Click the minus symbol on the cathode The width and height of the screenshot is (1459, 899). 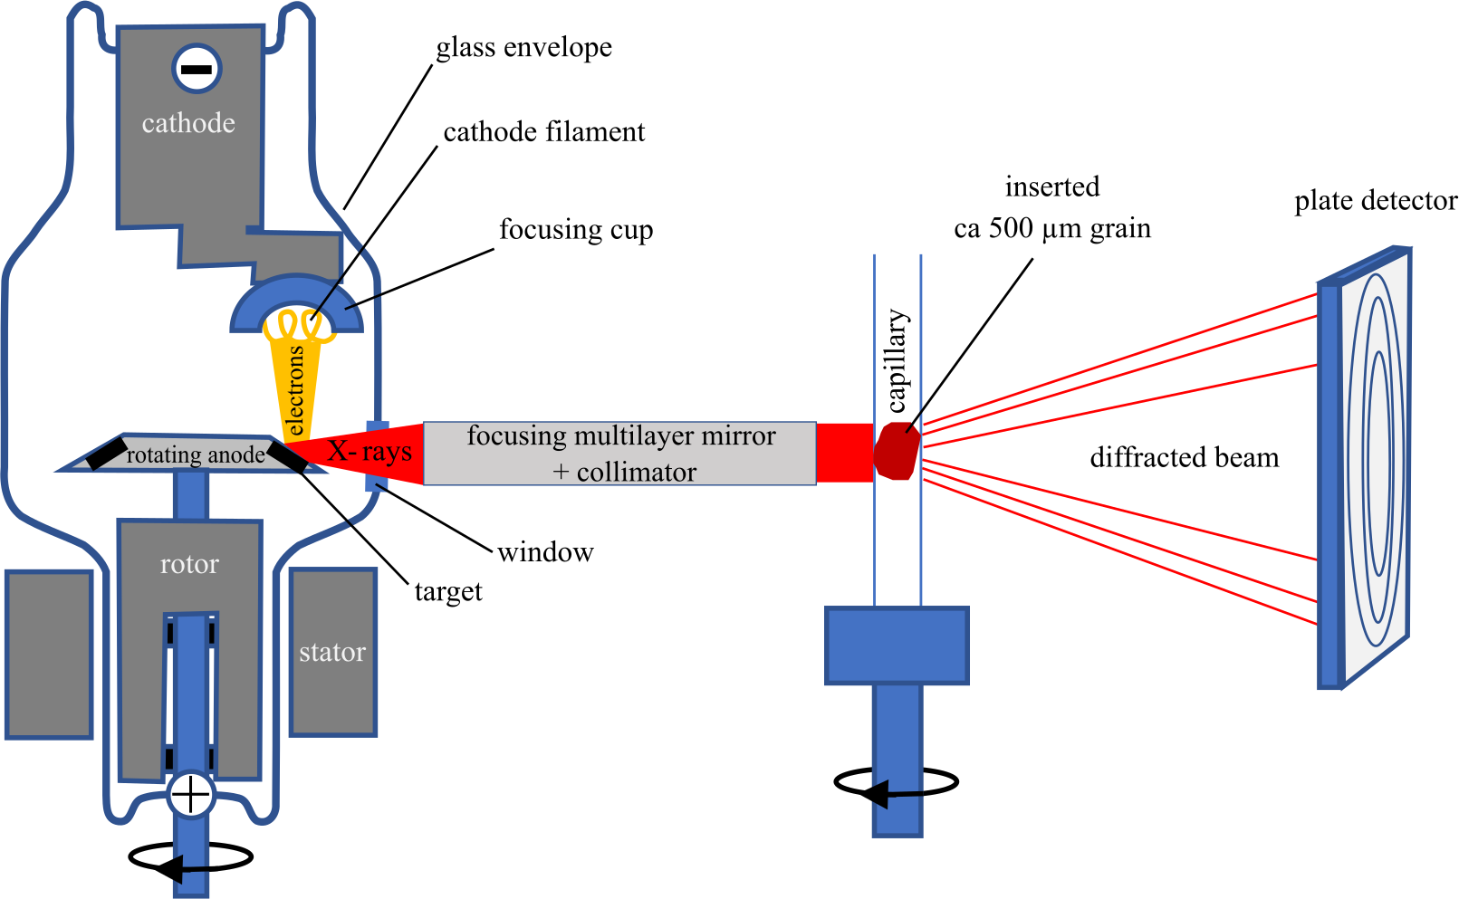[197, 69]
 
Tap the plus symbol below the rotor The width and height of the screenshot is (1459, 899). [190, 795]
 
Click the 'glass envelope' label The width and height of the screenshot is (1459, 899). [523, 48]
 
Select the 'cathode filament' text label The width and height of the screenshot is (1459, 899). [543, 132]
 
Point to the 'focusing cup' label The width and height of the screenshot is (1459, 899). [576, 230]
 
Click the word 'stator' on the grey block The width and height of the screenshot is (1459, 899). [332, 652]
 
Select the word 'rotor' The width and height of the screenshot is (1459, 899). [189, 564]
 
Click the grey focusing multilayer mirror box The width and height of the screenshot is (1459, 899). [619, 454]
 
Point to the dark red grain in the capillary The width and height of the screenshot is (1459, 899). [897, 451]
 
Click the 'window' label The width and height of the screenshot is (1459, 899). [545, 552]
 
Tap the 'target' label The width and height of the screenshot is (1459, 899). [448, 592]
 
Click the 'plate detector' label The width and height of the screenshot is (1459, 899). [1375, 201]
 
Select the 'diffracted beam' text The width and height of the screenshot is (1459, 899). [1184, 458]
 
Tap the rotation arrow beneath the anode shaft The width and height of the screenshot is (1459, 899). [190, 859]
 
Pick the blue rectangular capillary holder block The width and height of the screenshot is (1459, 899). [897, 645]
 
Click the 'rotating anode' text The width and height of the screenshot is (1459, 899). [195, 454]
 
